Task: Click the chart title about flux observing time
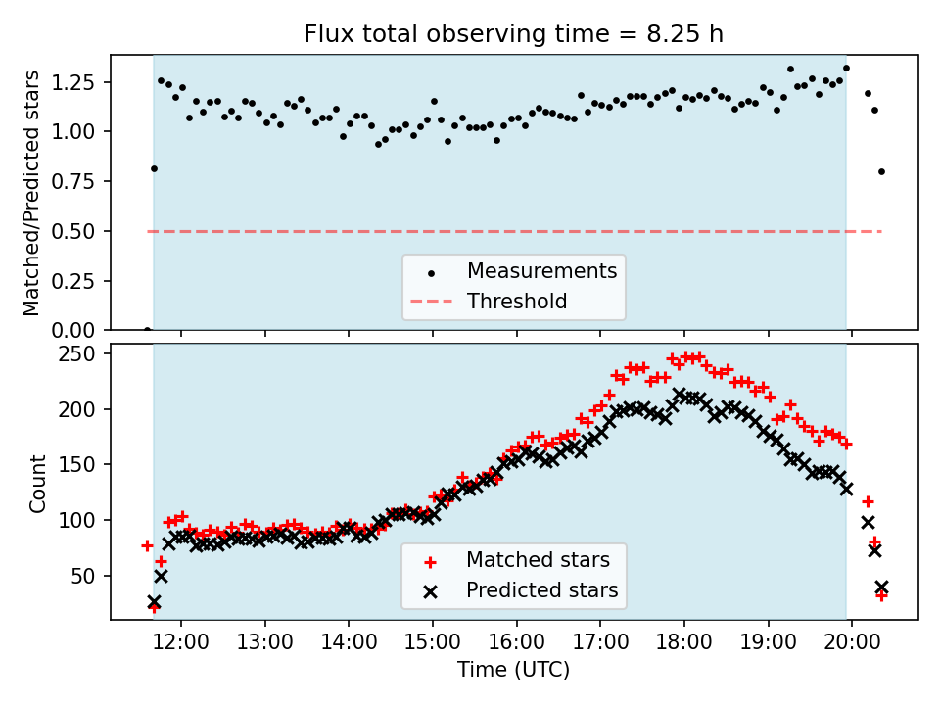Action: click(513, 34)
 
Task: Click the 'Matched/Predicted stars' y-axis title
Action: click(31, 193)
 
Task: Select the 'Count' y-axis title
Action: click(38, 484)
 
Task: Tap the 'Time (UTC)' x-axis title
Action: click(513, 670)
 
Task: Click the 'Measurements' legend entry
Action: click(541, 270)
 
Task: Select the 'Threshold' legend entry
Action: click(517, 301)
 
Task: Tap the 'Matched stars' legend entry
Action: click(538, 560)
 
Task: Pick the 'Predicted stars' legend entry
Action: click(541, 590)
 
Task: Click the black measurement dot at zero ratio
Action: click(147, 330)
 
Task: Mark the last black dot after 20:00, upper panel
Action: click(881, 171)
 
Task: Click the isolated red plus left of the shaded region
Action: click(147, 545)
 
